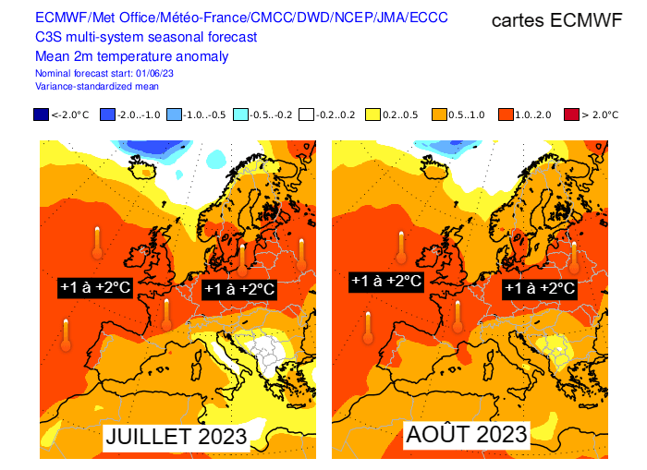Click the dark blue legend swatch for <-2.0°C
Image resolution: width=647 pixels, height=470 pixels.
point(41,114)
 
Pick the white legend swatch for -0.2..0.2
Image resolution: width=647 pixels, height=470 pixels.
point(307,114)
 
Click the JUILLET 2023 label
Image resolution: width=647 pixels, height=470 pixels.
point(175,435)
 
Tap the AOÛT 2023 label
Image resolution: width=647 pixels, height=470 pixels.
point(466,433)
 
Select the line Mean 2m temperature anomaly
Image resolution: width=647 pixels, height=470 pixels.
point(131,56)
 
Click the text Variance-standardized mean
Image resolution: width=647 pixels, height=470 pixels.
point(96,85)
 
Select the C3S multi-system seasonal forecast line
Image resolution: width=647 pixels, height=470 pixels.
point(146,37)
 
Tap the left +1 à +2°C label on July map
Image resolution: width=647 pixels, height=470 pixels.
point(95,287)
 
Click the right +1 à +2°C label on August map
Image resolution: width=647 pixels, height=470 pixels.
point(540,288)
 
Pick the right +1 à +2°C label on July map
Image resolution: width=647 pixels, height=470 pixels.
point(238,288)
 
